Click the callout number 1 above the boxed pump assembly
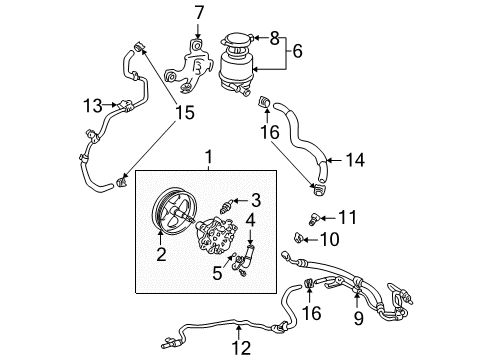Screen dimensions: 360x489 click(x=208, y=156)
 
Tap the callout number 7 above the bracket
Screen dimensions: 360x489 click(x=198, y=13)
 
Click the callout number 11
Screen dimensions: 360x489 click(x=346, y=217)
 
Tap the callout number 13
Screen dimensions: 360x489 click(x=92, y=105)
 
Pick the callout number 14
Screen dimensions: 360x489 click(x=355, y=158)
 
